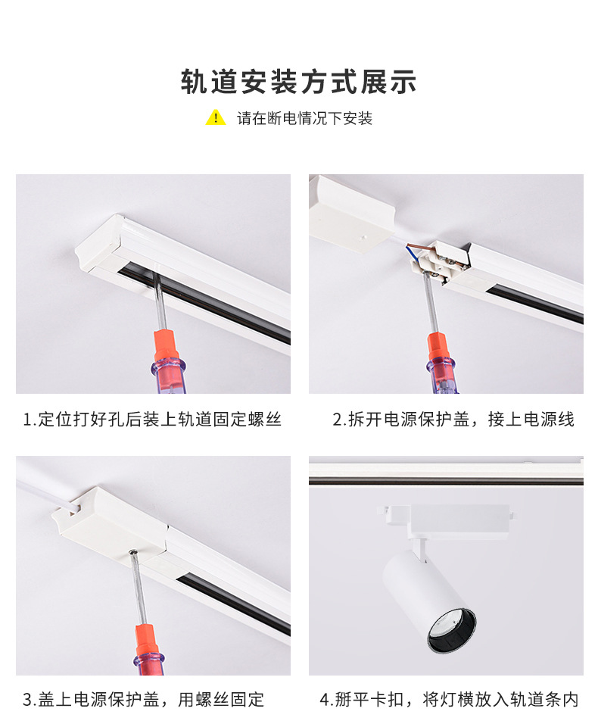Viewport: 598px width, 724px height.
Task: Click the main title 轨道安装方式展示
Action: click(299, 82)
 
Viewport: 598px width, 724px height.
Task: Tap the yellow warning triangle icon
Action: click(216, 118)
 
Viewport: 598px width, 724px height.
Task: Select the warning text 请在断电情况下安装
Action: click(304, 119)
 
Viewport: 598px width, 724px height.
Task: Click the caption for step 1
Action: click(152, 419)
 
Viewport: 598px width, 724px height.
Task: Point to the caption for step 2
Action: click(453, 419)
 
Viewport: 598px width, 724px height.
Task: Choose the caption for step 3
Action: click(143, 700)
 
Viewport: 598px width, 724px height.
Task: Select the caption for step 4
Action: click(449, 700)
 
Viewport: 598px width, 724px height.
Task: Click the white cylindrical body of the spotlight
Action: click(424, 591)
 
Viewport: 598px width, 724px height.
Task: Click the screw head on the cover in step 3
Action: click(134, 555)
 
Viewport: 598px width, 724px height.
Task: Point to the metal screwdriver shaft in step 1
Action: click(157, 299)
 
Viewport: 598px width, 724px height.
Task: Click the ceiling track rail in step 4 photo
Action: click(446, 473)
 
